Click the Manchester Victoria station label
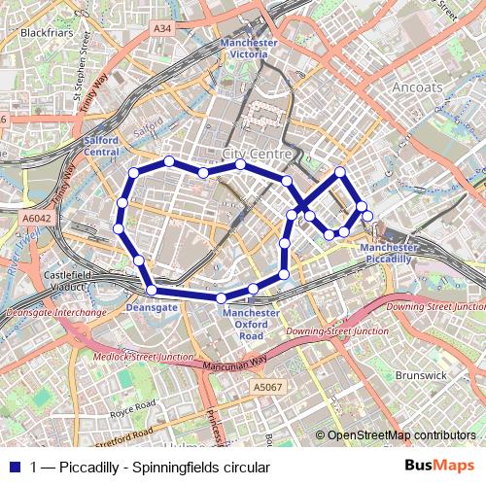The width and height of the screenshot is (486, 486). tap(249, 50)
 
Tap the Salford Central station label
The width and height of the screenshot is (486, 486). tap(101, 146)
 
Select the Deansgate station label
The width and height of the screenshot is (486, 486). tap(152, 306)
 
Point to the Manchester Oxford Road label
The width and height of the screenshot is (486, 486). tap(250, 324)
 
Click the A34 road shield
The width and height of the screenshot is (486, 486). tap(162, 29)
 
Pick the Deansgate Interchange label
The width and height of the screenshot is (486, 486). tap(56, 313)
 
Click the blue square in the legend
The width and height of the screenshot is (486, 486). tap(15, 467)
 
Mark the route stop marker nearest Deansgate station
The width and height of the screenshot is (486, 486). tap(152, 290)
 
